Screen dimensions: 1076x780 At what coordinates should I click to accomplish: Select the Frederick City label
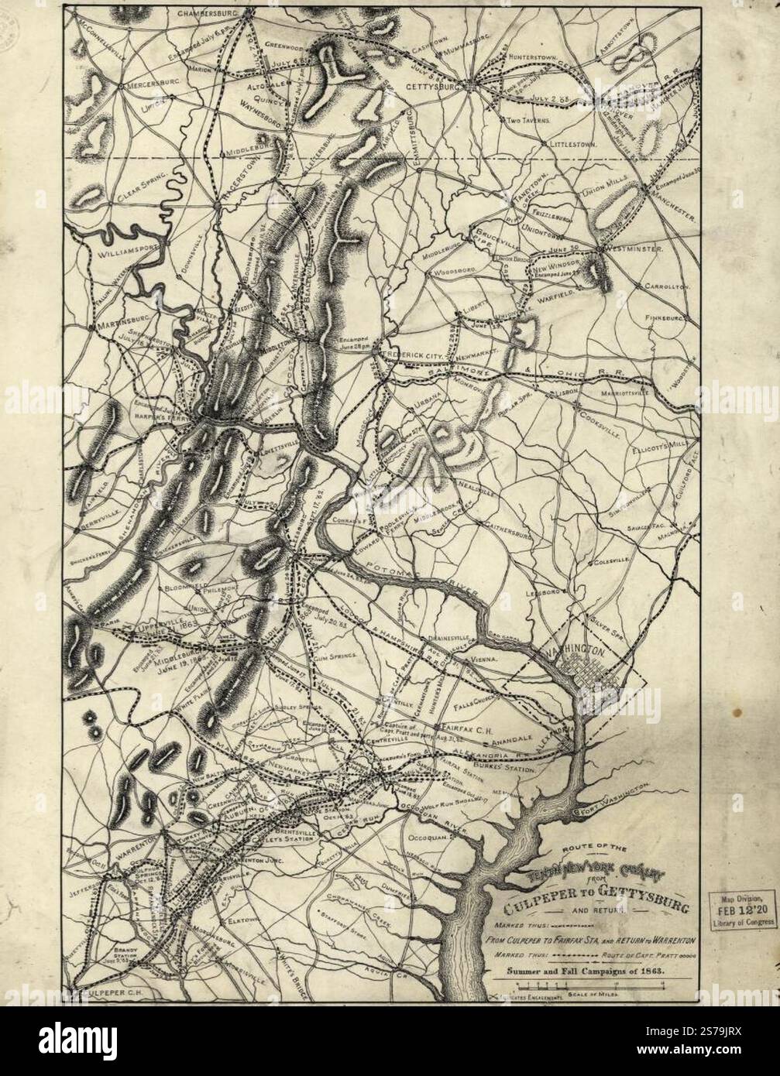[x=423, y=351]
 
